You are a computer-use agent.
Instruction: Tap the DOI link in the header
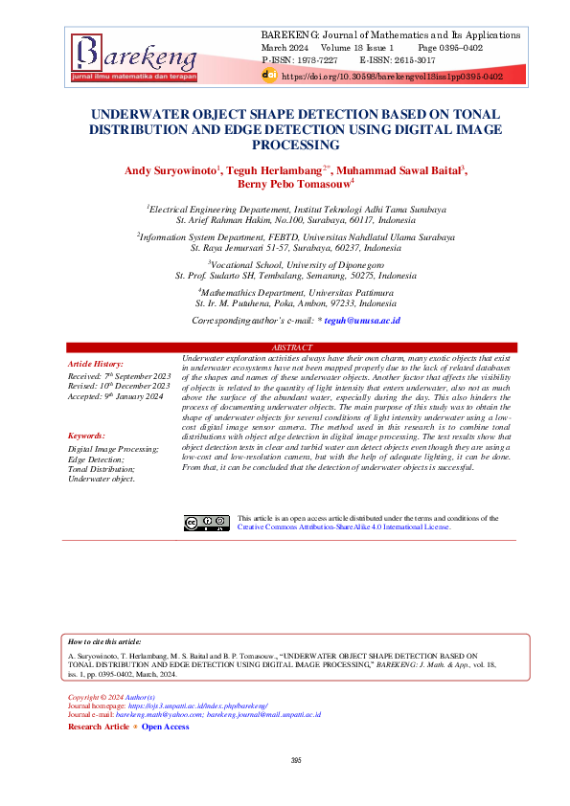[393, 74]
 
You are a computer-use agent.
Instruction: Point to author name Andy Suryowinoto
[185, 169]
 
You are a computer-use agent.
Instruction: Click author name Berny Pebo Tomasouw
[286, 184]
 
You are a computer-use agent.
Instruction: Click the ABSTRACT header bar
[292, 347]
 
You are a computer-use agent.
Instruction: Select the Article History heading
[96, 365]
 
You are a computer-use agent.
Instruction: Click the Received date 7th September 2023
[117, 375]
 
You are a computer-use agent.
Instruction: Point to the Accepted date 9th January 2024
[115, 396]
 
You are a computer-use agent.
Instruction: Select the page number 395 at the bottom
[296, 759]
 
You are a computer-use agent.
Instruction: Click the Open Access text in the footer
[166, 727]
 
